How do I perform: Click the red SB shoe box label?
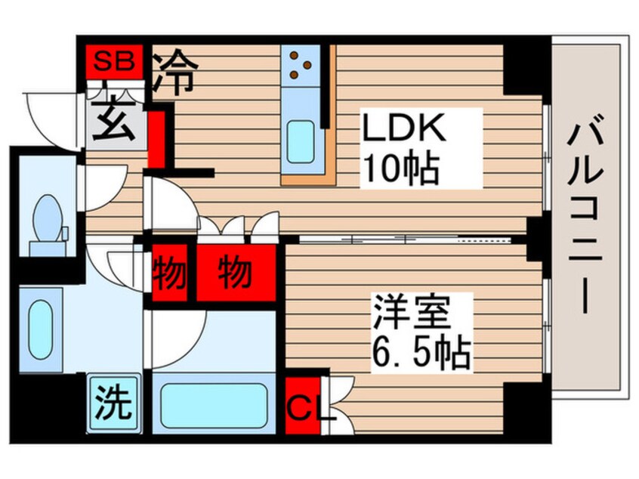113,61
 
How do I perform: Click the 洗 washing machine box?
113,403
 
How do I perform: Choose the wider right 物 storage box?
235,273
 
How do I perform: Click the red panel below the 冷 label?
156,139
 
